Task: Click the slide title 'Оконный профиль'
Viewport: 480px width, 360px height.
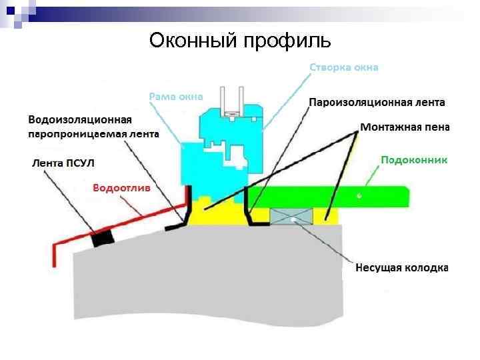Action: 240,41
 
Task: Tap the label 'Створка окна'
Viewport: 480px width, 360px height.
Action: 344,67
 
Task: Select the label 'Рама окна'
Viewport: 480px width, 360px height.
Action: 175,97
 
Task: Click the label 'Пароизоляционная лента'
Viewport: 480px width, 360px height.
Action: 377,103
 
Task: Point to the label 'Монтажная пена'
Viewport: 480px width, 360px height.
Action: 405,126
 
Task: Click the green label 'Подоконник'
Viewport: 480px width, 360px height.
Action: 413,160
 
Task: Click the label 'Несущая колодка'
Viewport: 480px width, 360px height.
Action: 401,268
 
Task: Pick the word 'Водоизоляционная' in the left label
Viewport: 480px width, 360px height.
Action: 80,120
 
